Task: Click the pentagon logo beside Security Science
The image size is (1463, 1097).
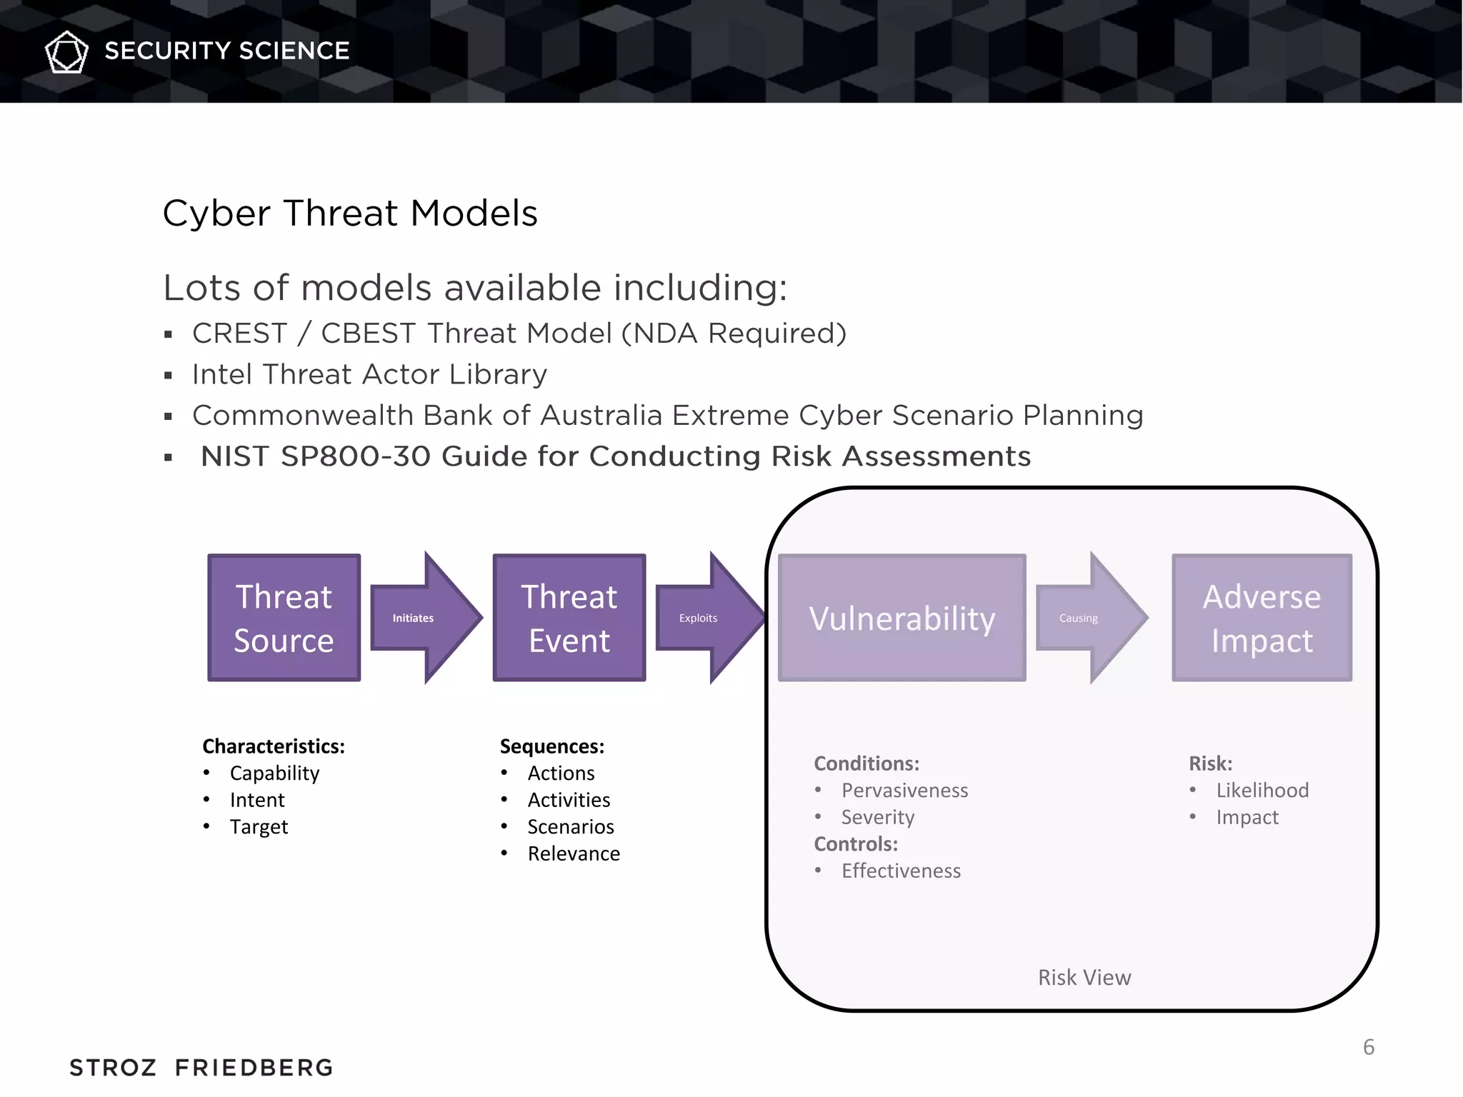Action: tap(66, 51)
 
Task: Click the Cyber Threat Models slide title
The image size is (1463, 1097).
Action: tap(349, 213)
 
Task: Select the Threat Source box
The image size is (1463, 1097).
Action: tap(284, 618)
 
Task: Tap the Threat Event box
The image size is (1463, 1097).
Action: tap(569, 618)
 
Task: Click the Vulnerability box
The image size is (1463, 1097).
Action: tap(902, 618)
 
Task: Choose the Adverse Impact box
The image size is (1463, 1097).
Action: tap(1262, 618)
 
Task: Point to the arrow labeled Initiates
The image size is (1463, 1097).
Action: tap(421, 618)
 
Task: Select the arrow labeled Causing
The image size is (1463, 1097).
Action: tap(1087, 618)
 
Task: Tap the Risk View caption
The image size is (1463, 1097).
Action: tap(1084, 977)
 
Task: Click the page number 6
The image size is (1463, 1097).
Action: tap(1368, 1047)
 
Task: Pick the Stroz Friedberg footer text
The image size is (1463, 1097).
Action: tap(201, 1068)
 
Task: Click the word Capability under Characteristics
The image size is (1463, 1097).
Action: tap(274, 773)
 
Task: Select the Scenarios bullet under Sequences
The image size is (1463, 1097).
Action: tap(570, 826)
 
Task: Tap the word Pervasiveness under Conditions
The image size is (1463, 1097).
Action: tap(904, 790)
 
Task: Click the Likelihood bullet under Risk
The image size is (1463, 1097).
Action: tap(1262, 790)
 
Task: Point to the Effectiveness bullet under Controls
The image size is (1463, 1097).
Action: tap(901, 871)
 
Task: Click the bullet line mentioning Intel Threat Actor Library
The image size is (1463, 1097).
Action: tap(369, 374)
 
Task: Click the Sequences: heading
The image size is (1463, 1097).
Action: tap(551, 746)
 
